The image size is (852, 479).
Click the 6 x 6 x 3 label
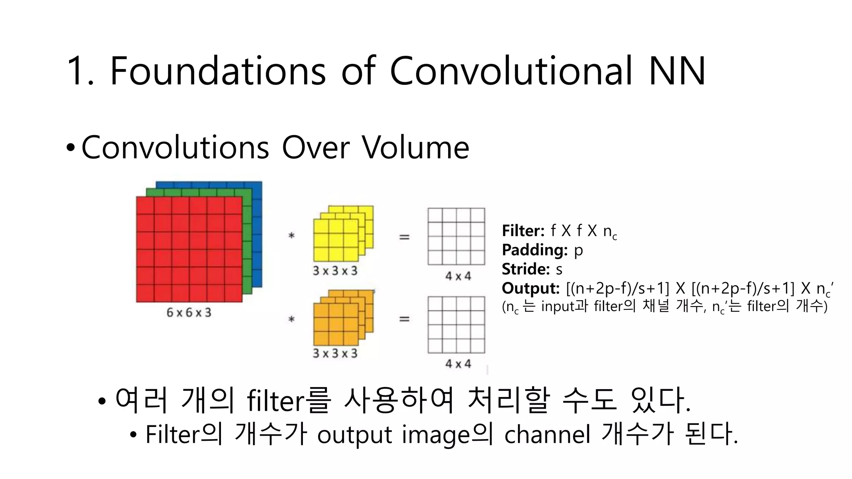tap(189, 312)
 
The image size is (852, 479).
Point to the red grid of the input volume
tap(189, 249)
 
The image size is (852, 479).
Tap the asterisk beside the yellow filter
tap(292, 236)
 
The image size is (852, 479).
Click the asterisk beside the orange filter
tap(292, 320)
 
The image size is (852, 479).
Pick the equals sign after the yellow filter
tap(404, 237)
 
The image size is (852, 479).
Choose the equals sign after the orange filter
tap(404, 319)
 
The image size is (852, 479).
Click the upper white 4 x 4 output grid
tap(456, 236)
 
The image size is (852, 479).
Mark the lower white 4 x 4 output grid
tap(456, 325)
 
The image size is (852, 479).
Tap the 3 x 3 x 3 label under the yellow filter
tap(335, 271)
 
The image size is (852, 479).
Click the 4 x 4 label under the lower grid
tap(458, 364)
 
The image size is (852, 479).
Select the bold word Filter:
tap(523, 230)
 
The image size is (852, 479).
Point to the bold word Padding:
tap(535, 250)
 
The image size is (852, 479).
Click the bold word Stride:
tap(526, 269)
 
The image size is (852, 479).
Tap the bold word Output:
tap(530, 288)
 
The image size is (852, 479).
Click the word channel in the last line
tap(547, 435)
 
